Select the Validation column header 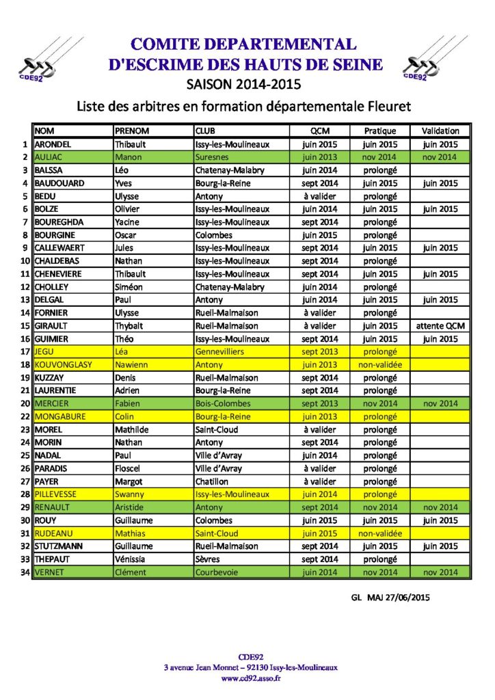[440, 131]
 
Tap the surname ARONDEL [53, 144]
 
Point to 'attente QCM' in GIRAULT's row [440, 326]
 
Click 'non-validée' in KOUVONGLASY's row [380, 365]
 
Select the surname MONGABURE [62, 417]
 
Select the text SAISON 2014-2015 [243, 84]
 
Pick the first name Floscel [129, 469]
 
